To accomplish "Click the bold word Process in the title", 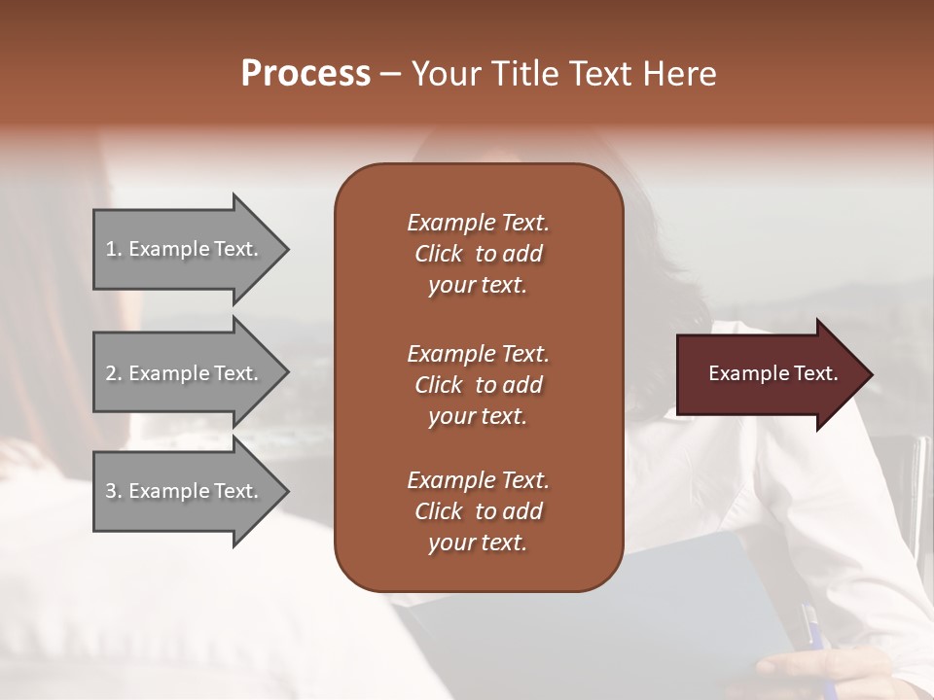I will click(305, 73).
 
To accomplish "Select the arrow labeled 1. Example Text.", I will click(185, 249).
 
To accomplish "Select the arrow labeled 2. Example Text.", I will click(185, 373).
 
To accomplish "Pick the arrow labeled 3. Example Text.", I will click(185, 491).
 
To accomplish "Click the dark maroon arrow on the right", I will click(769, 373).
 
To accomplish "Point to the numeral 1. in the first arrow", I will click(113, 249).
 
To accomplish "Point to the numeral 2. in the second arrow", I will click(113, 373).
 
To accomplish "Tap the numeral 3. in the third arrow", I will click(113, 491).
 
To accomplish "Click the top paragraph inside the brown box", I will click(478, 254).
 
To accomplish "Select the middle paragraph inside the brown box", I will click(478, 385).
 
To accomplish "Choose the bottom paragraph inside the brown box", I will click(478, 511).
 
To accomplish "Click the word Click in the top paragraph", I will click(439, 254).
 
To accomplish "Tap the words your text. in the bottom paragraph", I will click(478, 542).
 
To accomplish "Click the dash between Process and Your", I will click(390, 74).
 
